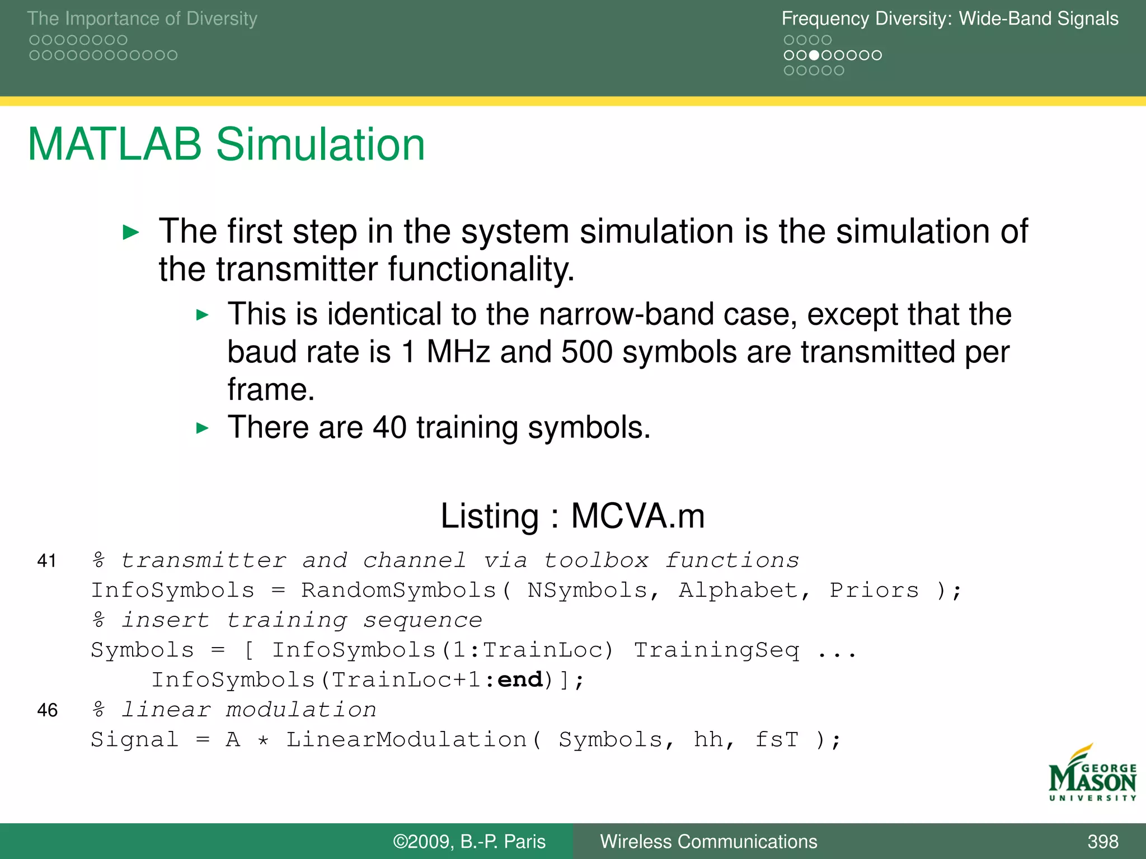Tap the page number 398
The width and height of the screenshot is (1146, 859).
(1102, 841)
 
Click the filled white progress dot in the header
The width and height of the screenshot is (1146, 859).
(814, 55)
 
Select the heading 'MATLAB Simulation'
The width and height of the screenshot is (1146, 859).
(226, 144)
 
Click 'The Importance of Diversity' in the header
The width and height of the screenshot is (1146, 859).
(142, 18)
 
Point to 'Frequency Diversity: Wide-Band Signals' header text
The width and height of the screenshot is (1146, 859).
(950, 18)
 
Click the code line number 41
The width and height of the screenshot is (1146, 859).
(47, 560)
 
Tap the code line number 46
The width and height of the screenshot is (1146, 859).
(47, 710)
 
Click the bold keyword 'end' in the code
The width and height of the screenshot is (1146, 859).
(520, 679)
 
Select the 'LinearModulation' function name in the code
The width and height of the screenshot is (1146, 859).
(406, 739)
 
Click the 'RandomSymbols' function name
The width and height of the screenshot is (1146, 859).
(398, 591)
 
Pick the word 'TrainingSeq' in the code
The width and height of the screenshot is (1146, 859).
(716, 650)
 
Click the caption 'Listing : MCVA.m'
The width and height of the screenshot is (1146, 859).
(572, 515)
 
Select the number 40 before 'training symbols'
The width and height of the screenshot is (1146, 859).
(389, 427)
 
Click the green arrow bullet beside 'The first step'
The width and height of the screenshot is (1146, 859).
(130, 232)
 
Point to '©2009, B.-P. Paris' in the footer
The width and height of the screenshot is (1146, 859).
(469, 841)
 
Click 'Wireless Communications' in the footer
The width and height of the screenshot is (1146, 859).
(708, 841)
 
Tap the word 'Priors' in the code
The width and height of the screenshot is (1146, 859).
(873, 591)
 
